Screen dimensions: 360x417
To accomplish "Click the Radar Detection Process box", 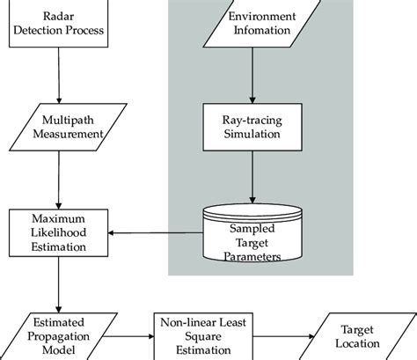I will pos(57,25).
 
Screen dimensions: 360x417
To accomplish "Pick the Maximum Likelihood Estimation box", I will pos(57,233).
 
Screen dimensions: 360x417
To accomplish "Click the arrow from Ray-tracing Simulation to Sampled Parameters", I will pos(254,176).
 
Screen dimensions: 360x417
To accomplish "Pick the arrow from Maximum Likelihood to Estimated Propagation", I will pos(57,282).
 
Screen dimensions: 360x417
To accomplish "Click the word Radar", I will pos(57,17).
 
